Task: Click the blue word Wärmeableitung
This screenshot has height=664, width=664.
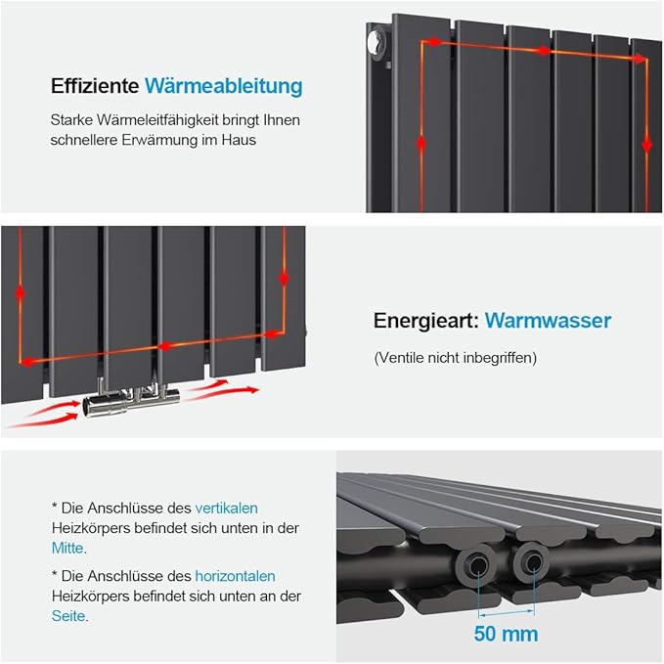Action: pyautogui.click(x=223, y=86)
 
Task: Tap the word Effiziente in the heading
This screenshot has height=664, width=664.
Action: pyautogui.click(x=94, y=86)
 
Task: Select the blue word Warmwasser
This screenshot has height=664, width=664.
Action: pyautogui.click(x=548, y=321)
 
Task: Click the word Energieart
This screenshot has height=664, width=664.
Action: pyautogui.click(x=424, y=321)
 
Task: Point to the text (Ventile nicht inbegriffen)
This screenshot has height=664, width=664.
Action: pyautogui.click(x=456, y=358)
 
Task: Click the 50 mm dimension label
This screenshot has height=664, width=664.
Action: pyautogui.click(x=506, y=633)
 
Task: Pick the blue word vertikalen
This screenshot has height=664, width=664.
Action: pyautogui.click(x=226, y=508)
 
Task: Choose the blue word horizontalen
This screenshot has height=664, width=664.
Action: pyautogui.click(x=235, y=576)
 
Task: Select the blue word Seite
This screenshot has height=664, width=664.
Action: pyautogui.click(x=67, y=616)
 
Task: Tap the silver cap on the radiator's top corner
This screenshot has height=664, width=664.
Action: pyautogui.click(x=376, y=41)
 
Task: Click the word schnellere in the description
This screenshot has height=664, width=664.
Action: pyautogui.click(x=86, y=140)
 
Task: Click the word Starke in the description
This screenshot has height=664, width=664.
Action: pyautogui.click(x=70, y=120)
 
